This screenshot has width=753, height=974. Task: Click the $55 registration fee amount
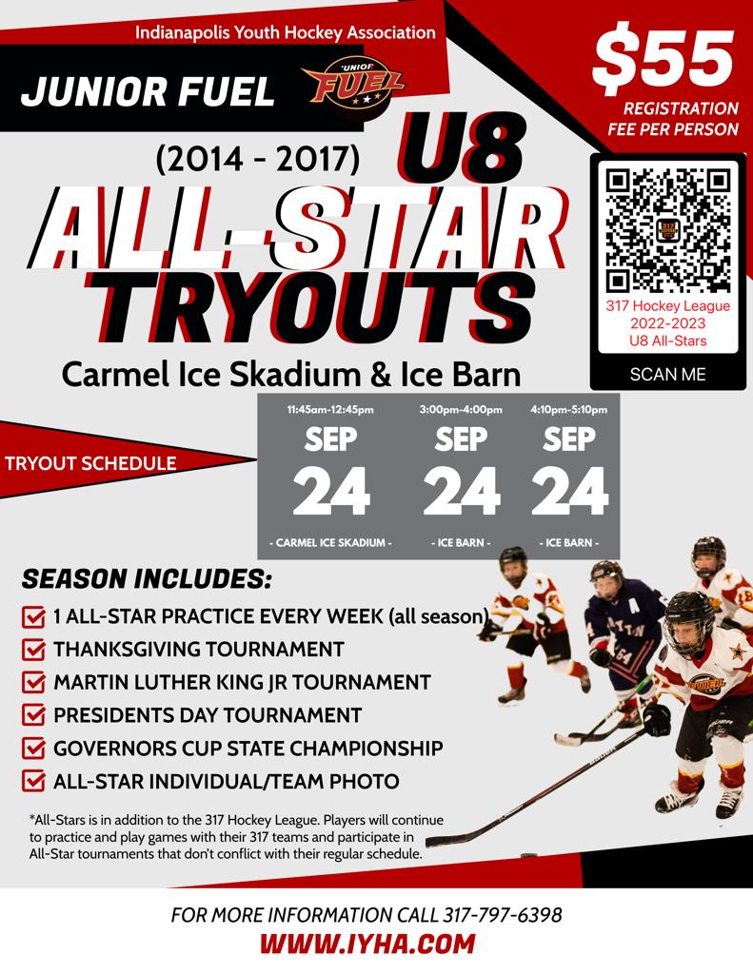point(664,58)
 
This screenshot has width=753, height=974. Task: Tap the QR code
point(668,229)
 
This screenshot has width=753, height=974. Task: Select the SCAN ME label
point(668,374)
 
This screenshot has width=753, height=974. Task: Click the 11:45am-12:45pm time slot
point(330,410)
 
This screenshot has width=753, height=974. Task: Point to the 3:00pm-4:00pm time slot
point(461,410)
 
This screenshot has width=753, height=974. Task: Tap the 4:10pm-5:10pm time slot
point(569,410)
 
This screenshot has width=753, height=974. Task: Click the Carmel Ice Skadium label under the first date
point(330,543)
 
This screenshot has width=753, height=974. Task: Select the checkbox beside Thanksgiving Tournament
point(33,652)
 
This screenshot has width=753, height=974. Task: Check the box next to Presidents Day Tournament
point(33,716)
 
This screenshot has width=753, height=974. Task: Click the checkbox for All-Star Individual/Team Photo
point(33,782)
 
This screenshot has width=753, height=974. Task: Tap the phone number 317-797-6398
point(503,916)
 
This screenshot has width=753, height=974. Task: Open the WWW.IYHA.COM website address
point(367,945)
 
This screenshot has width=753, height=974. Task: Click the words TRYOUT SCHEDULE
point(90,464)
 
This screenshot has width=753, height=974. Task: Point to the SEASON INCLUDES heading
point(147,579)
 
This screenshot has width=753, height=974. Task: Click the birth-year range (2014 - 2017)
point(257,160)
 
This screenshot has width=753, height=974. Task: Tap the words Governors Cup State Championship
point(248,749)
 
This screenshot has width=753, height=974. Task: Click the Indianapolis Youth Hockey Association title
point(285,32)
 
